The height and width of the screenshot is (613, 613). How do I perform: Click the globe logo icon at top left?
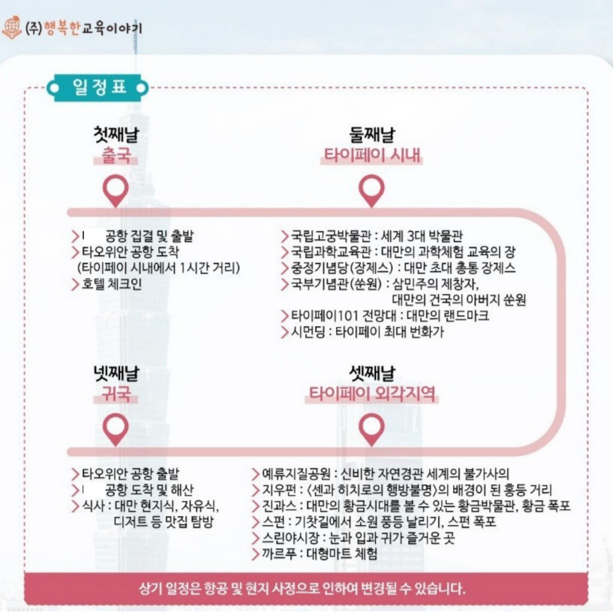point(12,27)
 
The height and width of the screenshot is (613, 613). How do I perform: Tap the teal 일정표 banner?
point(98,87)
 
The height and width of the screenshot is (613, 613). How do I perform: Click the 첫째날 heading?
point(116,135)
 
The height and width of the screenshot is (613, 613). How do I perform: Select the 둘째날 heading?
point(372,135)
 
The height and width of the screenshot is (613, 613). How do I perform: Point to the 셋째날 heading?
point(372,373)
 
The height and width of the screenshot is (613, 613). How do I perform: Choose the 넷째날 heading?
point(116,373)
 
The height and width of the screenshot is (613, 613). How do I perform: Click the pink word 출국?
point(116,156)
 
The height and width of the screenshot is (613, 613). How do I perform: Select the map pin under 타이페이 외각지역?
point(371,430)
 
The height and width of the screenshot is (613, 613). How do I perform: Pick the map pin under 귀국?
point(116,430)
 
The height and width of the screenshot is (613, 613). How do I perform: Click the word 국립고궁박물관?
point(330,236)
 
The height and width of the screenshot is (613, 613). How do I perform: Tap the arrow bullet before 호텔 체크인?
point(75,284)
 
